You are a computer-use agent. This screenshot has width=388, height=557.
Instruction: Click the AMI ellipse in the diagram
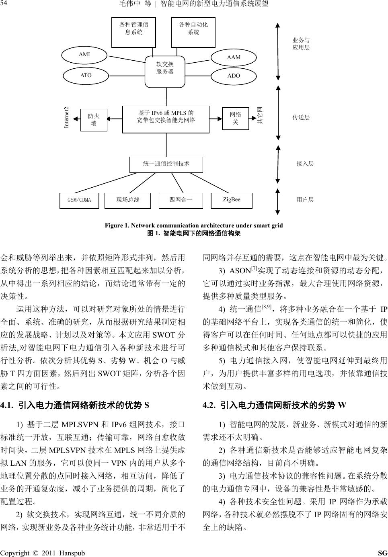(84, 55)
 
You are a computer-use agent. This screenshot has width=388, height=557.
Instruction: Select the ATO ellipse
(86, 76)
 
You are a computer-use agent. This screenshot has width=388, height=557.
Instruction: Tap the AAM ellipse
(234, 57)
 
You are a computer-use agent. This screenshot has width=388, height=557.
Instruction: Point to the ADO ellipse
(234, 76)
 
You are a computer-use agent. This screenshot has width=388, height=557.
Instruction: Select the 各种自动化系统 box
(193, 32)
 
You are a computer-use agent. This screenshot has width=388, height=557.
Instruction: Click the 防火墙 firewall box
(94, 120)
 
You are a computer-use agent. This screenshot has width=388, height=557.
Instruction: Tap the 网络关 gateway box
(236, 118)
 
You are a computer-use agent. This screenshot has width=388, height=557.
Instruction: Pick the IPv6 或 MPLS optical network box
(166, 119)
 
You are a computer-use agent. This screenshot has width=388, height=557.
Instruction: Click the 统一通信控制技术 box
(166, 164)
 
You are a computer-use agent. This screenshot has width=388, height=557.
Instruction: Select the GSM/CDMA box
(79, 200)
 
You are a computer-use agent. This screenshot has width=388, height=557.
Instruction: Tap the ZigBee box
(231, 200)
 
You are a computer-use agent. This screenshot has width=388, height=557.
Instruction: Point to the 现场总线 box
(128, 200)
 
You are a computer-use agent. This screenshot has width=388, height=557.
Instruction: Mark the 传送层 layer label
(301, 117)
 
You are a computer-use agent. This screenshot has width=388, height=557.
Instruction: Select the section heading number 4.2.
(209, 405)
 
